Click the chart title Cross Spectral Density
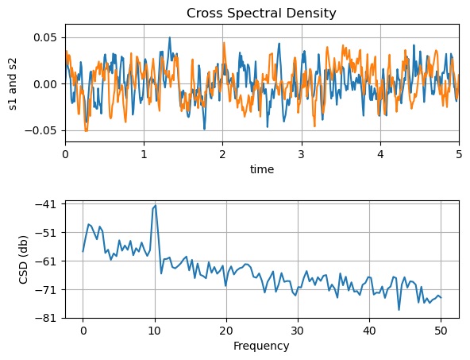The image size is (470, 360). pyautogui.click(x=261, y=13)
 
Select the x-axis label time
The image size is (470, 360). pyautogui.click(x=261, y=169)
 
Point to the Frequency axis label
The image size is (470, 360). pyautogui.click(x=261, y=346)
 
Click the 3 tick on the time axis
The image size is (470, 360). pyautogui.click(x=301, y=155)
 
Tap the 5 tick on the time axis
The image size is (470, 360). pyautogui.click(x=458, y=155)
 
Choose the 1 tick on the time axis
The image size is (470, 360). pyautogui.click(x=144, y=155)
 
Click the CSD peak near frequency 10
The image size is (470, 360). pyautogui.click(x=156, y=205)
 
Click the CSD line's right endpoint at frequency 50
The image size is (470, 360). pyautogui.click(x=441, y=297)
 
